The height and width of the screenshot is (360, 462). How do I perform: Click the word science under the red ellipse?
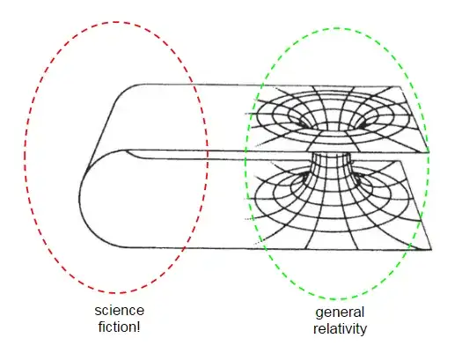[120, 312]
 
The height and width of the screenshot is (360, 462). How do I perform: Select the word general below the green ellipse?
[339, 314]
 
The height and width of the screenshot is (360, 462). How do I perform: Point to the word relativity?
[339, 329]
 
